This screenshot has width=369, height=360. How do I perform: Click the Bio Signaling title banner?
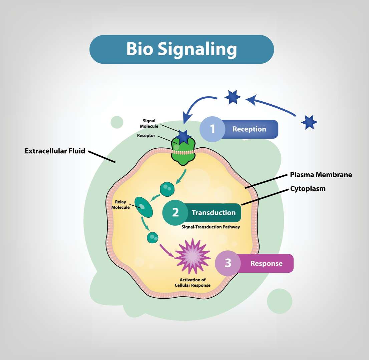click(181, 49)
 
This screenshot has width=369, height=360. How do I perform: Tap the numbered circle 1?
click(213, 129)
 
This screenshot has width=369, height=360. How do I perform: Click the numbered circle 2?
click(175, 213)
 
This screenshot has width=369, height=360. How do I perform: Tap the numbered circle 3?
click(228, 263)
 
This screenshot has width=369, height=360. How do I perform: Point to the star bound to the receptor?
click(183, 136)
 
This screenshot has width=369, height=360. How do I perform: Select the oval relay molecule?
click(143, 207)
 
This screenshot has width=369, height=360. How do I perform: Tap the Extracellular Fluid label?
click(55, 151)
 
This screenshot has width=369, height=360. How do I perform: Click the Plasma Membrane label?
click(321, 175)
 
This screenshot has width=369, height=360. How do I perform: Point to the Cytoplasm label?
click(308, 189)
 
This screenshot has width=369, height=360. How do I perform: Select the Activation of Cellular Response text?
click(193, 283)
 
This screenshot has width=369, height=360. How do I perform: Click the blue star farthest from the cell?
click(309, 122)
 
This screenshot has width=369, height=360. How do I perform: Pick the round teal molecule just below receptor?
click(167, 189)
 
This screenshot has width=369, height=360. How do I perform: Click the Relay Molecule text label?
click(122, 205)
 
